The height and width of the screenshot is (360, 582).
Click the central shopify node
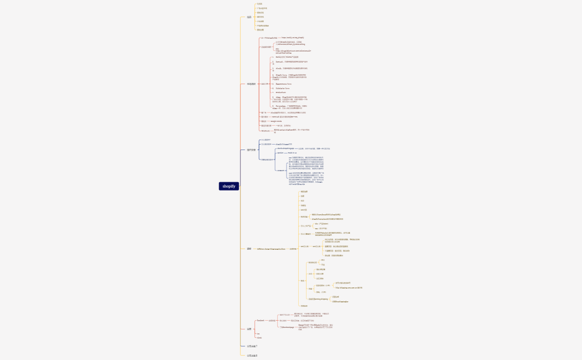229,186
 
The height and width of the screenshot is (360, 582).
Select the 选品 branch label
249,17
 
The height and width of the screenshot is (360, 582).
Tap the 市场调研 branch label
251,84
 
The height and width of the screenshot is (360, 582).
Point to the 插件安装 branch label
251,150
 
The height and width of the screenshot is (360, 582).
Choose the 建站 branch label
249,249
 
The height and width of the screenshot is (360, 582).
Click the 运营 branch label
249,328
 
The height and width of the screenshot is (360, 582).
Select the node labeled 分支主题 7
252,346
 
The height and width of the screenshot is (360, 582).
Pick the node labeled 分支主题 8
252,355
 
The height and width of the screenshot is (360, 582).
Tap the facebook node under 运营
261,321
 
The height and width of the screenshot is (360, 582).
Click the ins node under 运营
258,334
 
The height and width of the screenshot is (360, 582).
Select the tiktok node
259,337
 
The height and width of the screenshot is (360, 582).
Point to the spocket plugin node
280,153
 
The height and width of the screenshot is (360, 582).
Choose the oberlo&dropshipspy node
285,148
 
